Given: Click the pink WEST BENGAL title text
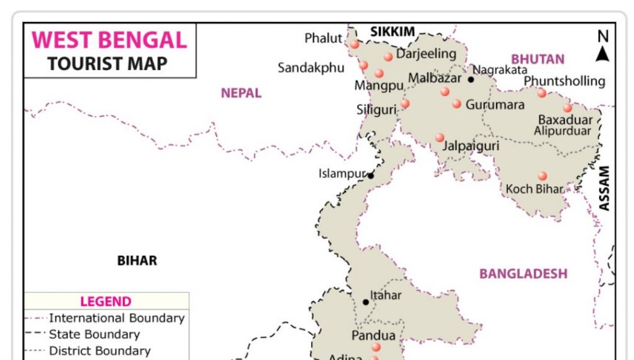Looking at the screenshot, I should pos(109,40).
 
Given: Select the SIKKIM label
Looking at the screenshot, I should pos(392,32).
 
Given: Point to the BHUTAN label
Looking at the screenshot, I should pos(538,60).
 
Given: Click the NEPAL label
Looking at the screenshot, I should pos(241,93).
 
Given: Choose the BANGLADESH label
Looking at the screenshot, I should pos(523,274).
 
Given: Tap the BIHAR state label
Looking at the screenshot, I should pos(137,261).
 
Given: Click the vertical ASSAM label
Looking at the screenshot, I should pos(605,188).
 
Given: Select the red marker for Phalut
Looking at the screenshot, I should pos(355,44).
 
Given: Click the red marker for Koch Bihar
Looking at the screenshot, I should pos(542,176).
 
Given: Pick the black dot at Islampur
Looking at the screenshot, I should pos(371,176).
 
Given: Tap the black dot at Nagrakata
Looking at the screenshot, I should pos(471,79).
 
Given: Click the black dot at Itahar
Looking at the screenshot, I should pos(366,302).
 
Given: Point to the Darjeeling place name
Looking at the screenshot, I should pos(426,54).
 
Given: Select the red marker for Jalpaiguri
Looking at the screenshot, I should pos(440,137).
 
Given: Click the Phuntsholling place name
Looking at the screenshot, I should pos(564,81).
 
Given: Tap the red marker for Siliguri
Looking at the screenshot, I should pos(405,104).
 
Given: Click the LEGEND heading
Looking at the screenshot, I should pos(106,302).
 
